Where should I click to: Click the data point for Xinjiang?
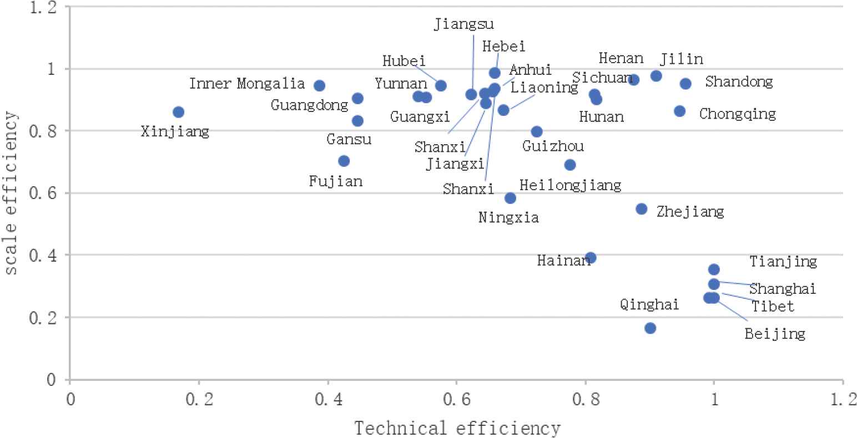(x=178, y=112)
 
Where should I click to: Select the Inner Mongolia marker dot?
(x=319, y=85)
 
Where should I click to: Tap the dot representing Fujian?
(x=344, y=161)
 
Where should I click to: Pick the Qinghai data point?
(x=650, y=328)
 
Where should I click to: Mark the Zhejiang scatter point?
(x=641, y=209)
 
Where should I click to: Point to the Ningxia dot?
(x=510, y=198)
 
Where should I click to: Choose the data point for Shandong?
(x=685, y=84)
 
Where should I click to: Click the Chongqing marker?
(x=679, y=111)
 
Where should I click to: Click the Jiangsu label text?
(x=463, y=24)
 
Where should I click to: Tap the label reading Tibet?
(x=773, y=306)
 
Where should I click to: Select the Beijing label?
(x=775, y=333)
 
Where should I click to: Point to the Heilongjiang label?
(x=570, y=185)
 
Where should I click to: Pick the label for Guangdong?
(x=310, y=105)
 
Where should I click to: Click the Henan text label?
(x=621, y=58)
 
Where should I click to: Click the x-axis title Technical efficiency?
(x=457, y=428)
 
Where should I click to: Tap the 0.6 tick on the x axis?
(x=456, y=398)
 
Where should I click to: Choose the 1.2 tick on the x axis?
(x=843, y=398)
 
